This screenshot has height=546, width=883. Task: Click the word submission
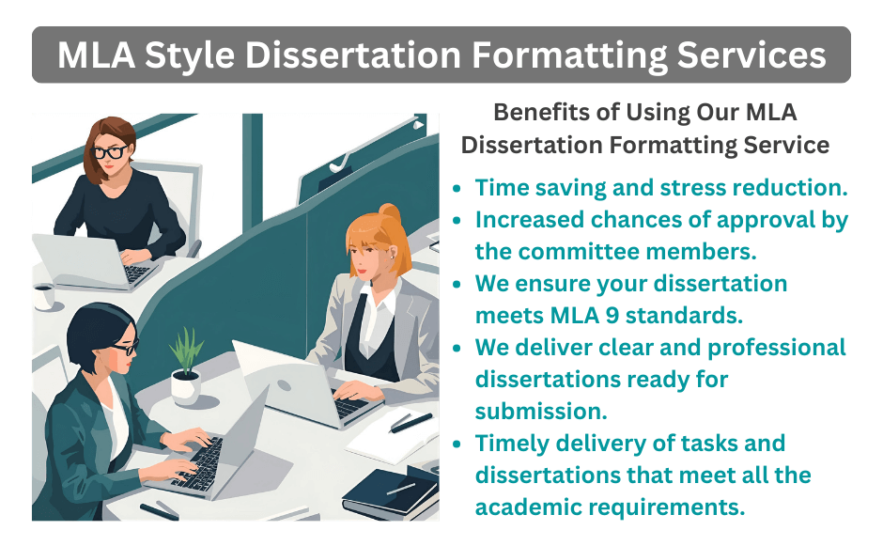[540, 411]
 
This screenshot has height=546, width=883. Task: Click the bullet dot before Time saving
[457, 188]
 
